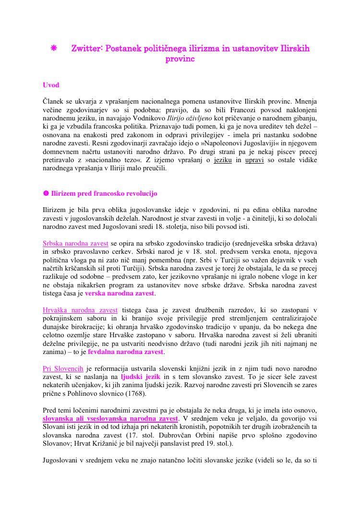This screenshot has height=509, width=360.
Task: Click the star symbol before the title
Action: point(54,48)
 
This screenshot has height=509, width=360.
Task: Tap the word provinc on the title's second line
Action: point(180,59)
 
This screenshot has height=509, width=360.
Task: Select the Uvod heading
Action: point(51,85)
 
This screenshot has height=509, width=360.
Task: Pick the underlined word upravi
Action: point(255,160)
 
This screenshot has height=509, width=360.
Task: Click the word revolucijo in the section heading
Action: point(141,194)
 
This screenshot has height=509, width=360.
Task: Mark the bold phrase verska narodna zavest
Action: point(120,293)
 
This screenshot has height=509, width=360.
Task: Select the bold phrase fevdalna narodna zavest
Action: point(126,352)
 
